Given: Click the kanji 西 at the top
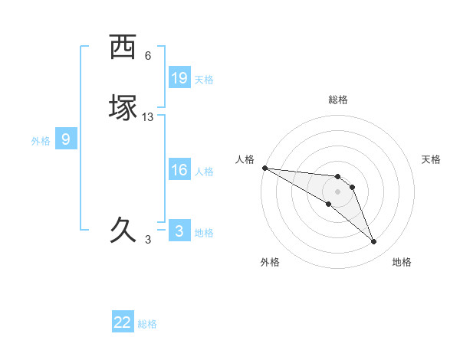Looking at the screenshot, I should coord(123,47).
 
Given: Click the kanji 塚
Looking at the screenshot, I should coord(123,108).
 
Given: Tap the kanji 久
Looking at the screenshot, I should coord(123,230).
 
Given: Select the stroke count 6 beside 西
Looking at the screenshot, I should coord(148,56).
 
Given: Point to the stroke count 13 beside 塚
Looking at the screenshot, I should coord(148,116).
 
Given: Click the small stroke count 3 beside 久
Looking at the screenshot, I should coord(148,239).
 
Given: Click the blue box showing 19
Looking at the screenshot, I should coord(179,77).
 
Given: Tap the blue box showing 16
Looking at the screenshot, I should coord(179,170).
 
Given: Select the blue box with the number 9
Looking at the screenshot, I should coord(66,139).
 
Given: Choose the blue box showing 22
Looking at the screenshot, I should coord(123,322).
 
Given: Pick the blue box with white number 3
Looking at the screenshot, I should coord(179,231).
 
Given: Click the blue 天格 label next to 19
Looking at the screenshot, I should coord(204,79).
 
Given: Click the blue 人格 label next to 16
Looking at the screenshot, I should coord(204,172).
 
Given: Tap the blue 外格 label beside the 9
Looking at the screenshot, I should coord(41,141).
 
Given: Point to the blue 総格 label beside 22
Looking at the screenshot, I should coord(147,324).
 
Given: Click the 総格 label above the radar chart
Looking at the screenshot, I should coord(338,100).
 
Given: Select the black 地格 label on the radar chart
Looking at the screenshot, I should coord(402,262).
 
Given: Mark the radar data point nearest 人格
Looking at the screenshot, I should coord(264,168).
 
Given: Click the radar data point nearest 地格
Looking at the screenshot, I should coord(374,242).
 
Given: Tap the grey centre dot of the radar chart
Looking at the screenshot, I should coord(337,191).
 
